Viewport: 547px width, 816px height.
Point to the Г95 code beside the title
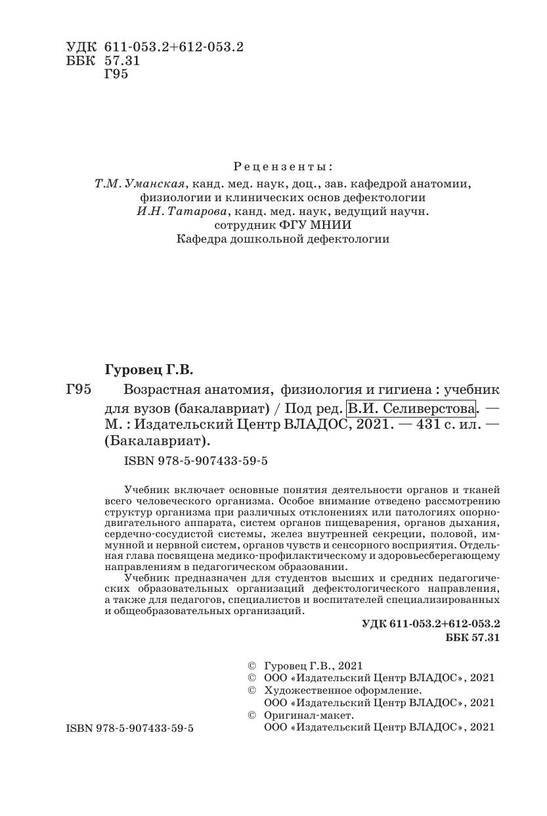pos(78,389)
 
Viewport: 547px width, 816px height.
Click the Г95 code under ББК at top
pos(116,74)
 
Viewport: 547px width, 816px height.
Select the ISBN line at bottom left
pos(130,729)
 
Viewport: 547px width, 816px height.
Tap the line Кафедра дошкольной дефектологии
pos(283,239)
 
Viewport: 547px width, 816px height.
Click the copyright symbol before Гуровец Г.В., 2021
pos(250,666)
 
